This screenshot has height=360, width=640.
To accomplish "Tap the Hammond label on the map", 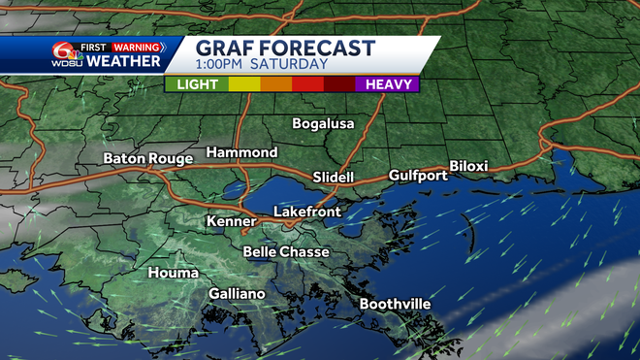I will click(241, 152).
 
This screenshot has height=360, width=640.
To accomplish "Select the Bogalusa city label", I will click(325, 123).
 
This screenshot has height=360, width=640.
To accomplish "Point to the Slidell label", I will click(334, 177).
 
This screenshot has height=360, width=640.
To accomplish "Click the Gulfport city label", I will click(418, 175).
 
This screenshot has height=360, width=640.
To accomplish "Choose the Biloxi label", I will click(468, 166).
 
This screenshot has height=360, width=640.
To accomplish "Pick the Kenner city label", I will click(231, 221).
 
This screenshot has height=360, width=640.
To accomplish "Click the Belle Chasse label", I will click(286, 251).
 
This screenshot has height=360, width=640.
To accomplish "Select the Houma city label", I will click(174, 273).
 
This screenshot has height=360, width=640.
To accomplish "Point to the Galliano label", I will click(237, 293).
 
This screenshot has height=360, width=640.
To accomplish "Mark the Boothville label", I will click(395, 304).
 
